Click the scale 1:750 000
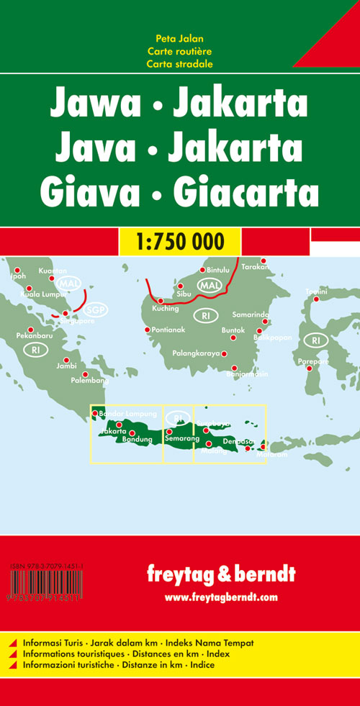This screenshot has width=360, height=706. (x=180, y=240)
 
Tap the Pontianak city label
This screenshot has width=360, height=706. (x=171, y=330)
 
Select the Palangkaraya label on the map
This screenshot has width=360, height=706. (x=196, y=353)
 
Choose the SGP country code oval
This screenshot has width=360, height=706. (x=94, y=311)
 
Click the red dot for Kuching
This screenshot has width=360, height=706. (x=161, y=301)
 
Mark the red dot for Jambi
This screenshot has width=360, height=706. (x=67, y=360)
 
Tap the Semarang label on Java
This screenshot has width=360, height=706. (x=181, y=438)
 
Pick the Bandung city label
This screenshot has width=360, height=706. (x=138, y=439)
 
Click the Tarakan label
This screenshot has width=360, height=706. (x=256, y=267)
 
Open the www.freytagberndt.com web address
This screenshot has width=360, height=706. (x=220, y=597)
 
